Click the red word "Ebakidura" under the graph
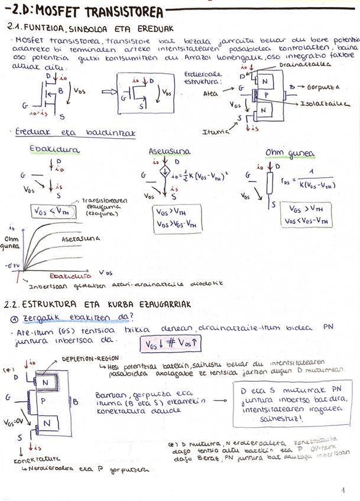pos(70,275)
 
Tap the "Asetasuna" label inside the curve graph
pos(80,239)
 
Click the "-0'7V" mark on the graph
pos(12,266)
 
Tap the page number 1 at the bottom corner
pos(343,490)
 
